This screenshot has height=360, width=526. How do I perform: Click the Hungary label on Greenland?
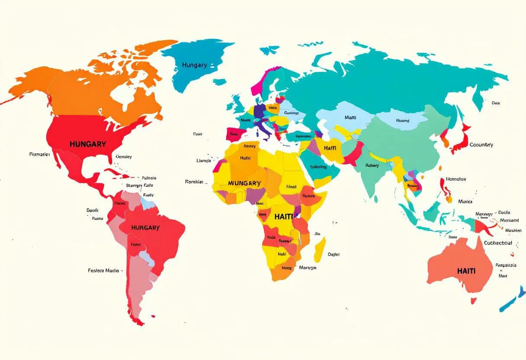pos(194,65)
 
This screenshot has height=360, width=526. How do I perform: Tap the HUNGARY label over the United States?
pos(87,144)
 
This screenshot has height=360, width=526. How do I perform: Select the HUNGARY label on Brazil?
pos(145,228)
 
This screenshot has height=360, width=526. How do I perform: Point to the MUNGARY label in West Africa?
pos(244,183)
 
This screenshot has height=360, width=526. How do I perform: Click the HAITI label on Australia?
pos(466,271)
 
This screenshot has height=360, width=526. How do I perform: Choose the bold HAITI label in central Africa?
pos(283,216)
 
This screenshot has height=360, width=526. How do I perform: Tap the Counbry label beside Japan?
pos(481,145)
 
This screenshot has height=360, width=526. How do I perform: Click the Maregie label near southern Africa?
pos(308,267)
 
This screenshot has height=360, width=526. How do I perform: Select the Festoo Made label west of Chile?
pos(104,270)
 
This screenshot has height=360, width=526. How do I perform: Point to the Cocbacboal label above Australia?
pos(497,243)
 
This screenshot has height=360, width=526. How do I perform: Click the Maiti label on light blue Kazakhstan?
pos(350,117)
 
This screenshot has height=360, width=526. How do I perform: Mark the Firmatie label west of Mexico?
pos(39,154)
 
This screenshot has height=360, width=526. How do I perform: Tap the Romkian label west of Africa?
pos(194,182)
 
